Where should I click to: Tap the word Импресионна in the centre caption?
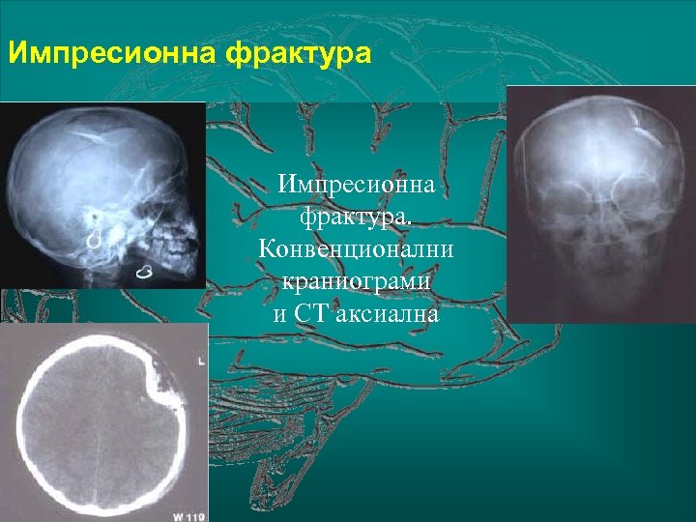[355, 182]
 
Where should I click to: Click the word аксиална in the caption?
[386, 313]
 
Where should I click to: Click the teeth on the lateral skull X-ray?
[175, 248]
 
